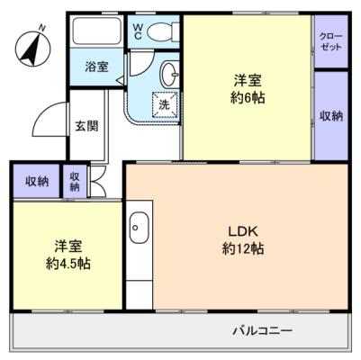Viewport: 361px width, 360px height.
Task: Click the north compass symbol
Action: click(32, 48)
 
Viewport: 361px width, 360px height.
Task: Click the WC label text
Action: click(138, 31)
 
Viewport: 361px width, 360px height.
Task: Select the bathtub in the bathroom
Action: click(97, 31)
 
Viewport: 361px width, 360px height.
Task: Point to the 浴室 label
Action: click(96, 67)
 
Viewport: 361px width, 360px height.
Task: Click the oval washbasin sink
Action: click(170, 74)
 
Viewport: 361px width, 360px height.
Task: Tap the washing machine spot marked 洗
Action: click(164, 104)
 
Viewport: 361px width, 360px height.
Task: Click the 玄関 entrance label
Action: click(86, 126)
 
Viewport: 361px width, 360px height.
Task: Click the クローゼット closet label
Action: click(330, 41)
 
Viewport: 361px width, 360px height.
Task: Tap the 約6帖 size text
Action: click(248, 98)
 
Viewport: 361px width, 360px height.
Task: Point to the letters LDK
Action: click(243, 231)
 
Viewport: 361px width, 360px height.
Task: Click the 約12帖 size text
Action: click(243, 248)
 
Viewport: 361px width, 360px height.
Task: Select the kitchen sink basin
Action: click(139, 228)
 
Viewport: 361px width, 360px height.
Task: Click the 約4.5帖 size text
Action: click(68, 264)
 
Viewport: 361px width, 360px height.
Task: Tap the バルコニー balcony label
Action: click(263, 331)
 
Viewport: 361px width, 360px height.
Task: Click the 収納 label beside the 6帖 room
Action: click(331, 116)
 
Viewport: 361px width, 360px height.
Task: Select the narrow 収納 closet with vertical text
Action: click(75, 182)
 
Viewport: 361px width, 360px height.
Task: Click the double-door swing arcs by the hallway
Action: click(97, 182)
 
